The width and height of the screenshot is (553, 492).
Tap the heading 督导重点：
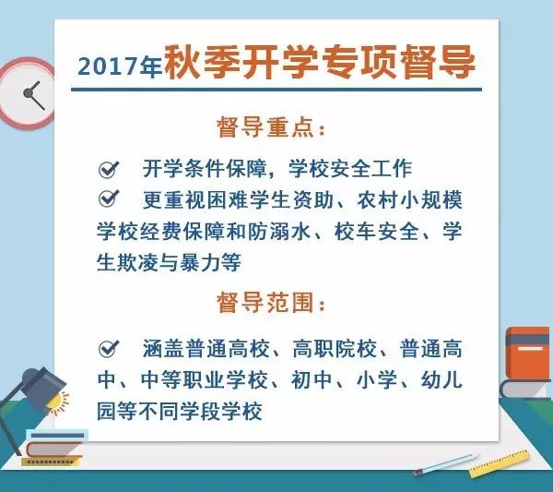click(271, 126)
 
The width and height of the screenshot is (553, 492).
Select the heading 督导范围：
click(271, 303)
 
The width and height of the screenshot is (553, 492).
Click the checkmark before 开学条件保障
click(109, 170)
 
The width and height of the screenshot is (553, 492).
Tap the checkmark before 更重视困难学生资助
click(109, 198)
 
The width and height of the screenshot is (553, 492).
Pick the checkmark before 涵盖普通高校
click(109, 349)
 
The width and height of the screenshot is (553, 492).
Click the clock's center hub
click(28, 93)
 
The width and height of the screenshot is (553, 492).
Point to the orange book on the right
click(527, 354)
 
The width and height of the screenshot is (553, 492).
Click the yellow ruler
click(500, 463)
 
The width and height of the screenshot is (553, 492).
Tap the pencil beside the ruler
click(446, 464)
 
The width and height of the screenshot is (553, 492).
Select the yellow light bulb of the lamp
click(57, 402)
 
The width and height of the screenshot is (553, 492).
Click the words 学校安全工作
click(350, 169)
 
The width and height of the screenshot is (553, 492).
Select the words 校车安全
click(377, 232)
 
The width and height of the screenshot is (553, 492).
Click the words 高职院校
click(335, 349)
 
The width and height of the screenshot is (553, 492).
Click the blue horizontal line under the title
click(276, 90)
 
